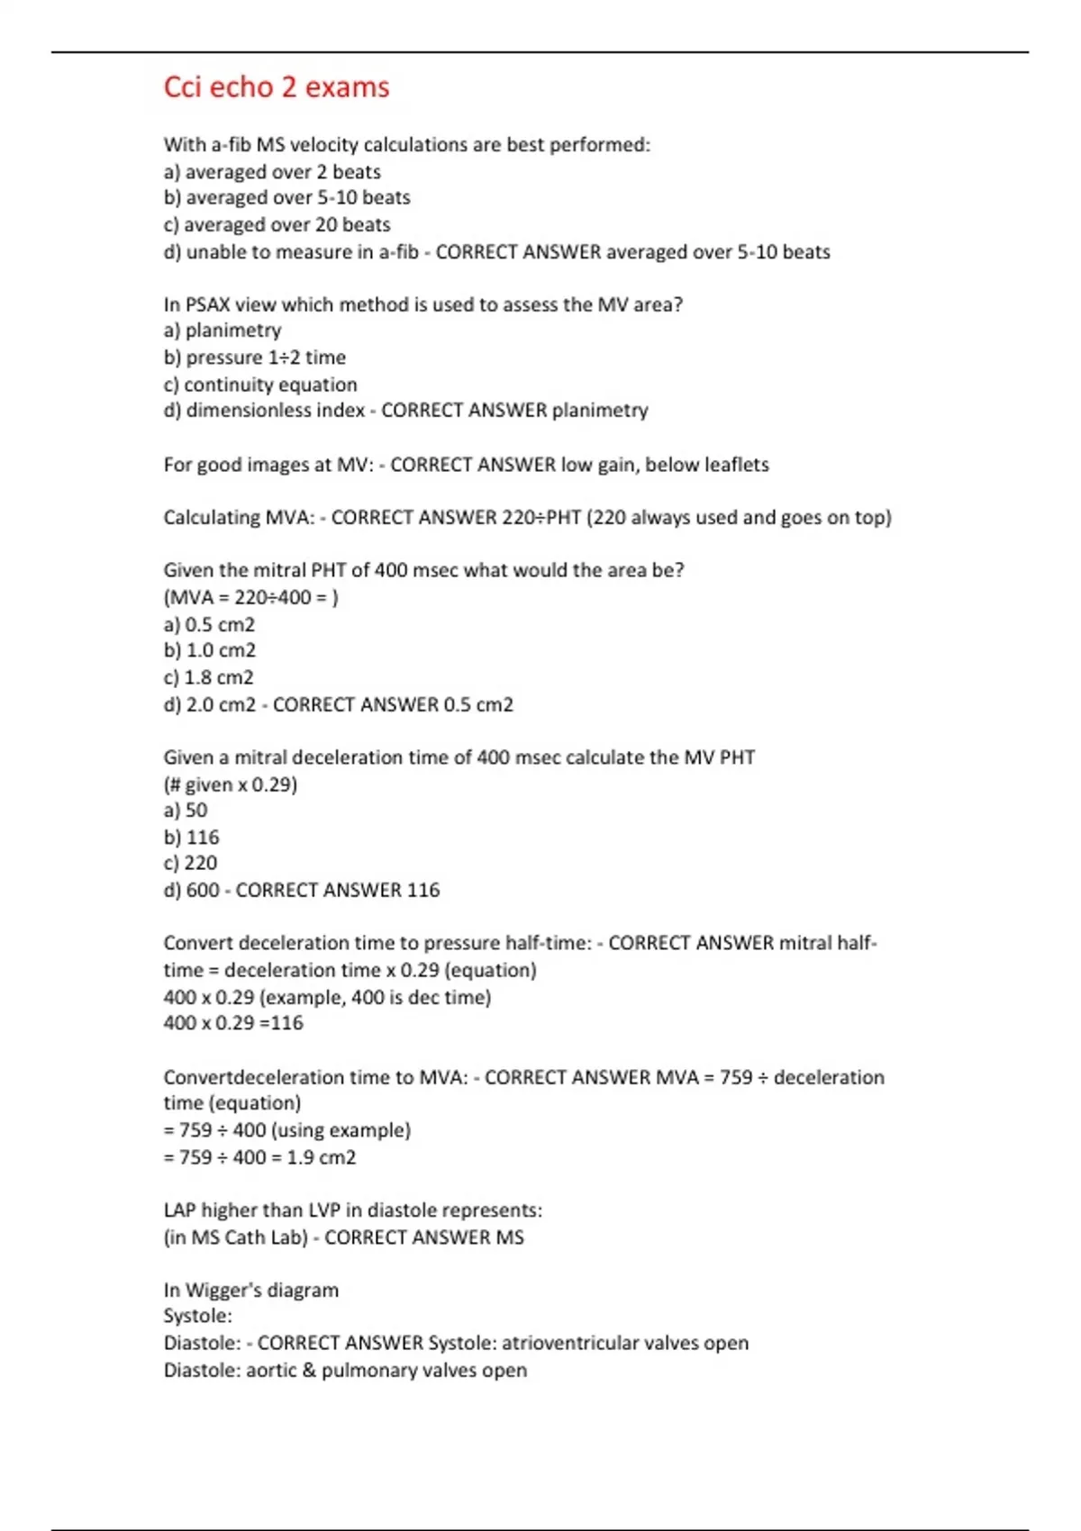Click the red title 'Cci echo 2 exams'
277,87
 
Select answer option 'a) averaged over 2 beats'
272,172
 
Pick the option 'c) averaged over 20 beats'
277,225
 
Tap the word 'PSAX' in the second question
209,305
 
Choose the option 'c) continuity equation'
260,385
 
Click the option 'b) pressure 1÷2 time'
255,358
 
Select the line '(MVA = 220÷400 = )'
250,597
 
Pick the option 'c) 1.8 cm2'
209,677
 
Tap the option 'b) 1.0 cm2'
210,650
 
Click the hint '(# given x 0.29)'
231,784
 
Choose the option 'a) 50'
186,811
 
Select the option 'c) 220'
191,863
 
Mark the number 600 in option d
203,891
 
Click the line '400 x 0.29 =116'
233,1023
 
